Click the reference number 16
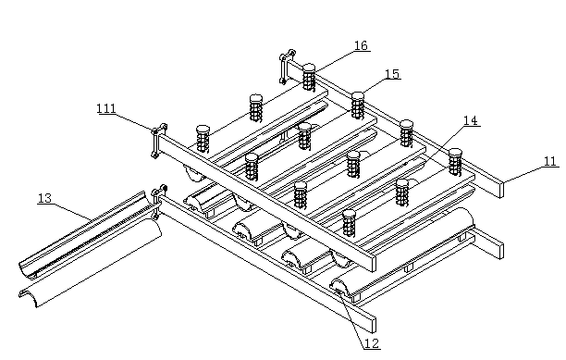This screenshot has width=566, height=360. coord(361,45)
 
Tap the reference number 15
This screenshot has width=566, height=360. coord(392,74)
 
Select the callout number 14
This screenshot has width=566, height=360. coord(471,120)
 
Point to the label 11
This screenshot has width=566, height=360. coord(549,161)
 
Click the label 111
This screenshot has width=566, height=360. coord(106,108)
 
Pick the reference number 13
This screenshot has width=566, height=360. coord(45,198)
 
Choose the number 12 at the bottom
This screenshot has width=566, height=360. coord(372,343)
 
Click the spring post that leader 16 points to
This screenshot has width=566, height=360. coord(309,77)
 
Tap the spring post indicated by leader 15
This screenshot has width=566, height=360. coord(358,106)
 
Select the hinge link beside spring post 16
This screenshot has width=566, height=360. coord(287,66)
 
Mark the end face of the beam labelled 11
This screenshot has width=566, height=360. coord(501,189)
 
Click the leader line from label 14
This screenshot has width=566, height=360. coord(447,142)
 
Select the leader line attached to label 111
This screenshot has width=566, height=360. coord(133,122)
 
